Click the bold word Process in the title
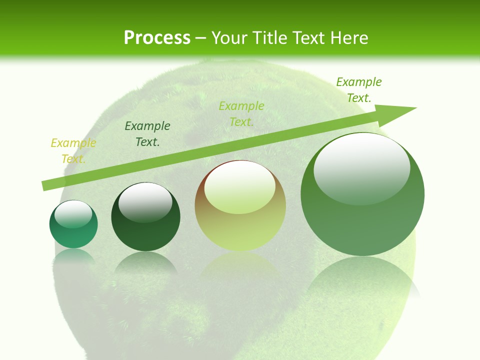(x=157, y=37)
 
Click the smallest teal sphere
(x=73, y=232)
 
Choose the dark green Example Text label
(x=147, y=134)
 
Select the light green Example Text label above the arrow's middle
(x=241, y=114)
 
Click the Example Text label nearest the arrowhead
(x=359, y=90)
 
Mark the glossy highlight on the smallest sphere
(x=73, y=214)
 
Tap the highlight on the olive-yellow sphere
(x=239, y=187)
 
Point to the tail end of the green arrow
(x=44, y=186)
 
